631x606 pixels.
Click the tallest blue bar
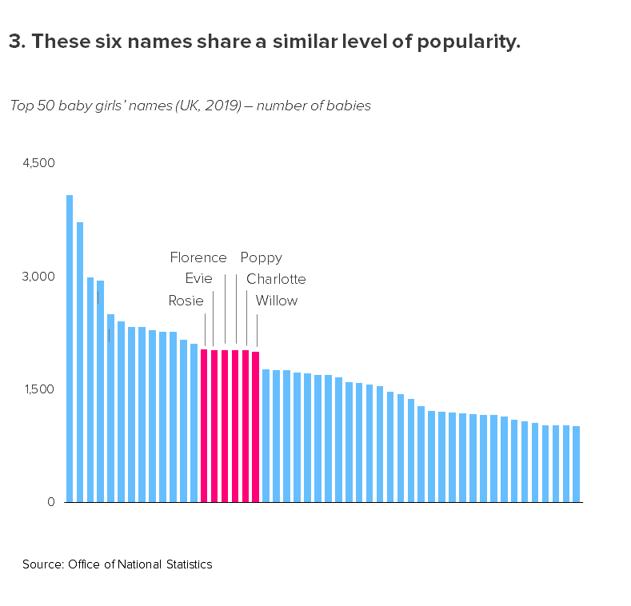click(70, 348)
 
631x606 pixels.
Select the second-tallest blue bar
click(80, 361)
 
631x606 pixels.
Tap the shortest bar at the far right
click(577, 464)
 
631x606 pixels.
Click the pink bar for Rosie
click(204, 425)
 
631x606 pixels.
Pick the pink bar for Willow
click(256, 426)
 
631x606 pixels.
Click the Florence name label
click(198, 257)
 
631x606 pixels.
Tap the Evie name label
click(198, 279)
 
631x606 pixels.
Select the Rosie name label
click(186, 301)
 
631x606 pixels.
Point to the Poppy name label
click(262, 257)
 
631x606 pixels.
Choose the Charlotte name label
click(276, 279)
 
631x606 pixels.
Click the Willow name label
click(276, 301)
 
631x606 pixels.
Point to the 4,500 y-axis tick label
click(38, 163)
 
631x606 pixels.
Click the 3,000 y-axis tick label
click(38, 277)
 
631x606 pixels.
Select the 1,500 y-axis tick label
click(38, 389)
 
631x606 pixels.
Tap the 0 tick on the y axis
click(50, 502)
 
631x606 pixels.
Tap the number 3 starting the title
click(14, 42)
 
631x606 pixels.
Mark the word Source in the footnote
click(42, 564)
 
